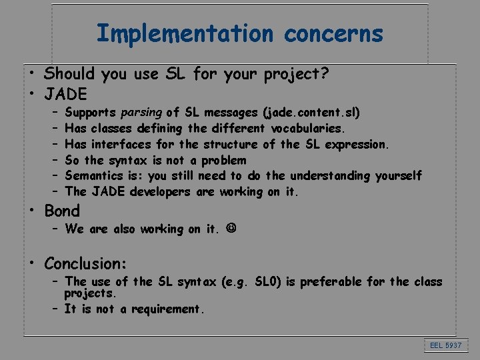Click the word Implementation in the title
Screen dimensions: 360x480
click(184, 33)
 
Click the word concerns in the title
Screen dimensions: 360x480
click(333, 33)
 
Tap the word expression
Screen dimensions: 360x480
click(357, 144)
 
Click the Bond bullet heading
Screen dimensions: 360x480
click(61, 211)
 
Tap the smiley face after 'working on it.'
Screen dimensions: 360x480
click(231, 229)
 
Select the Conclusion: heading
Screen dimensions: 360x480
click(85, 262)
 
